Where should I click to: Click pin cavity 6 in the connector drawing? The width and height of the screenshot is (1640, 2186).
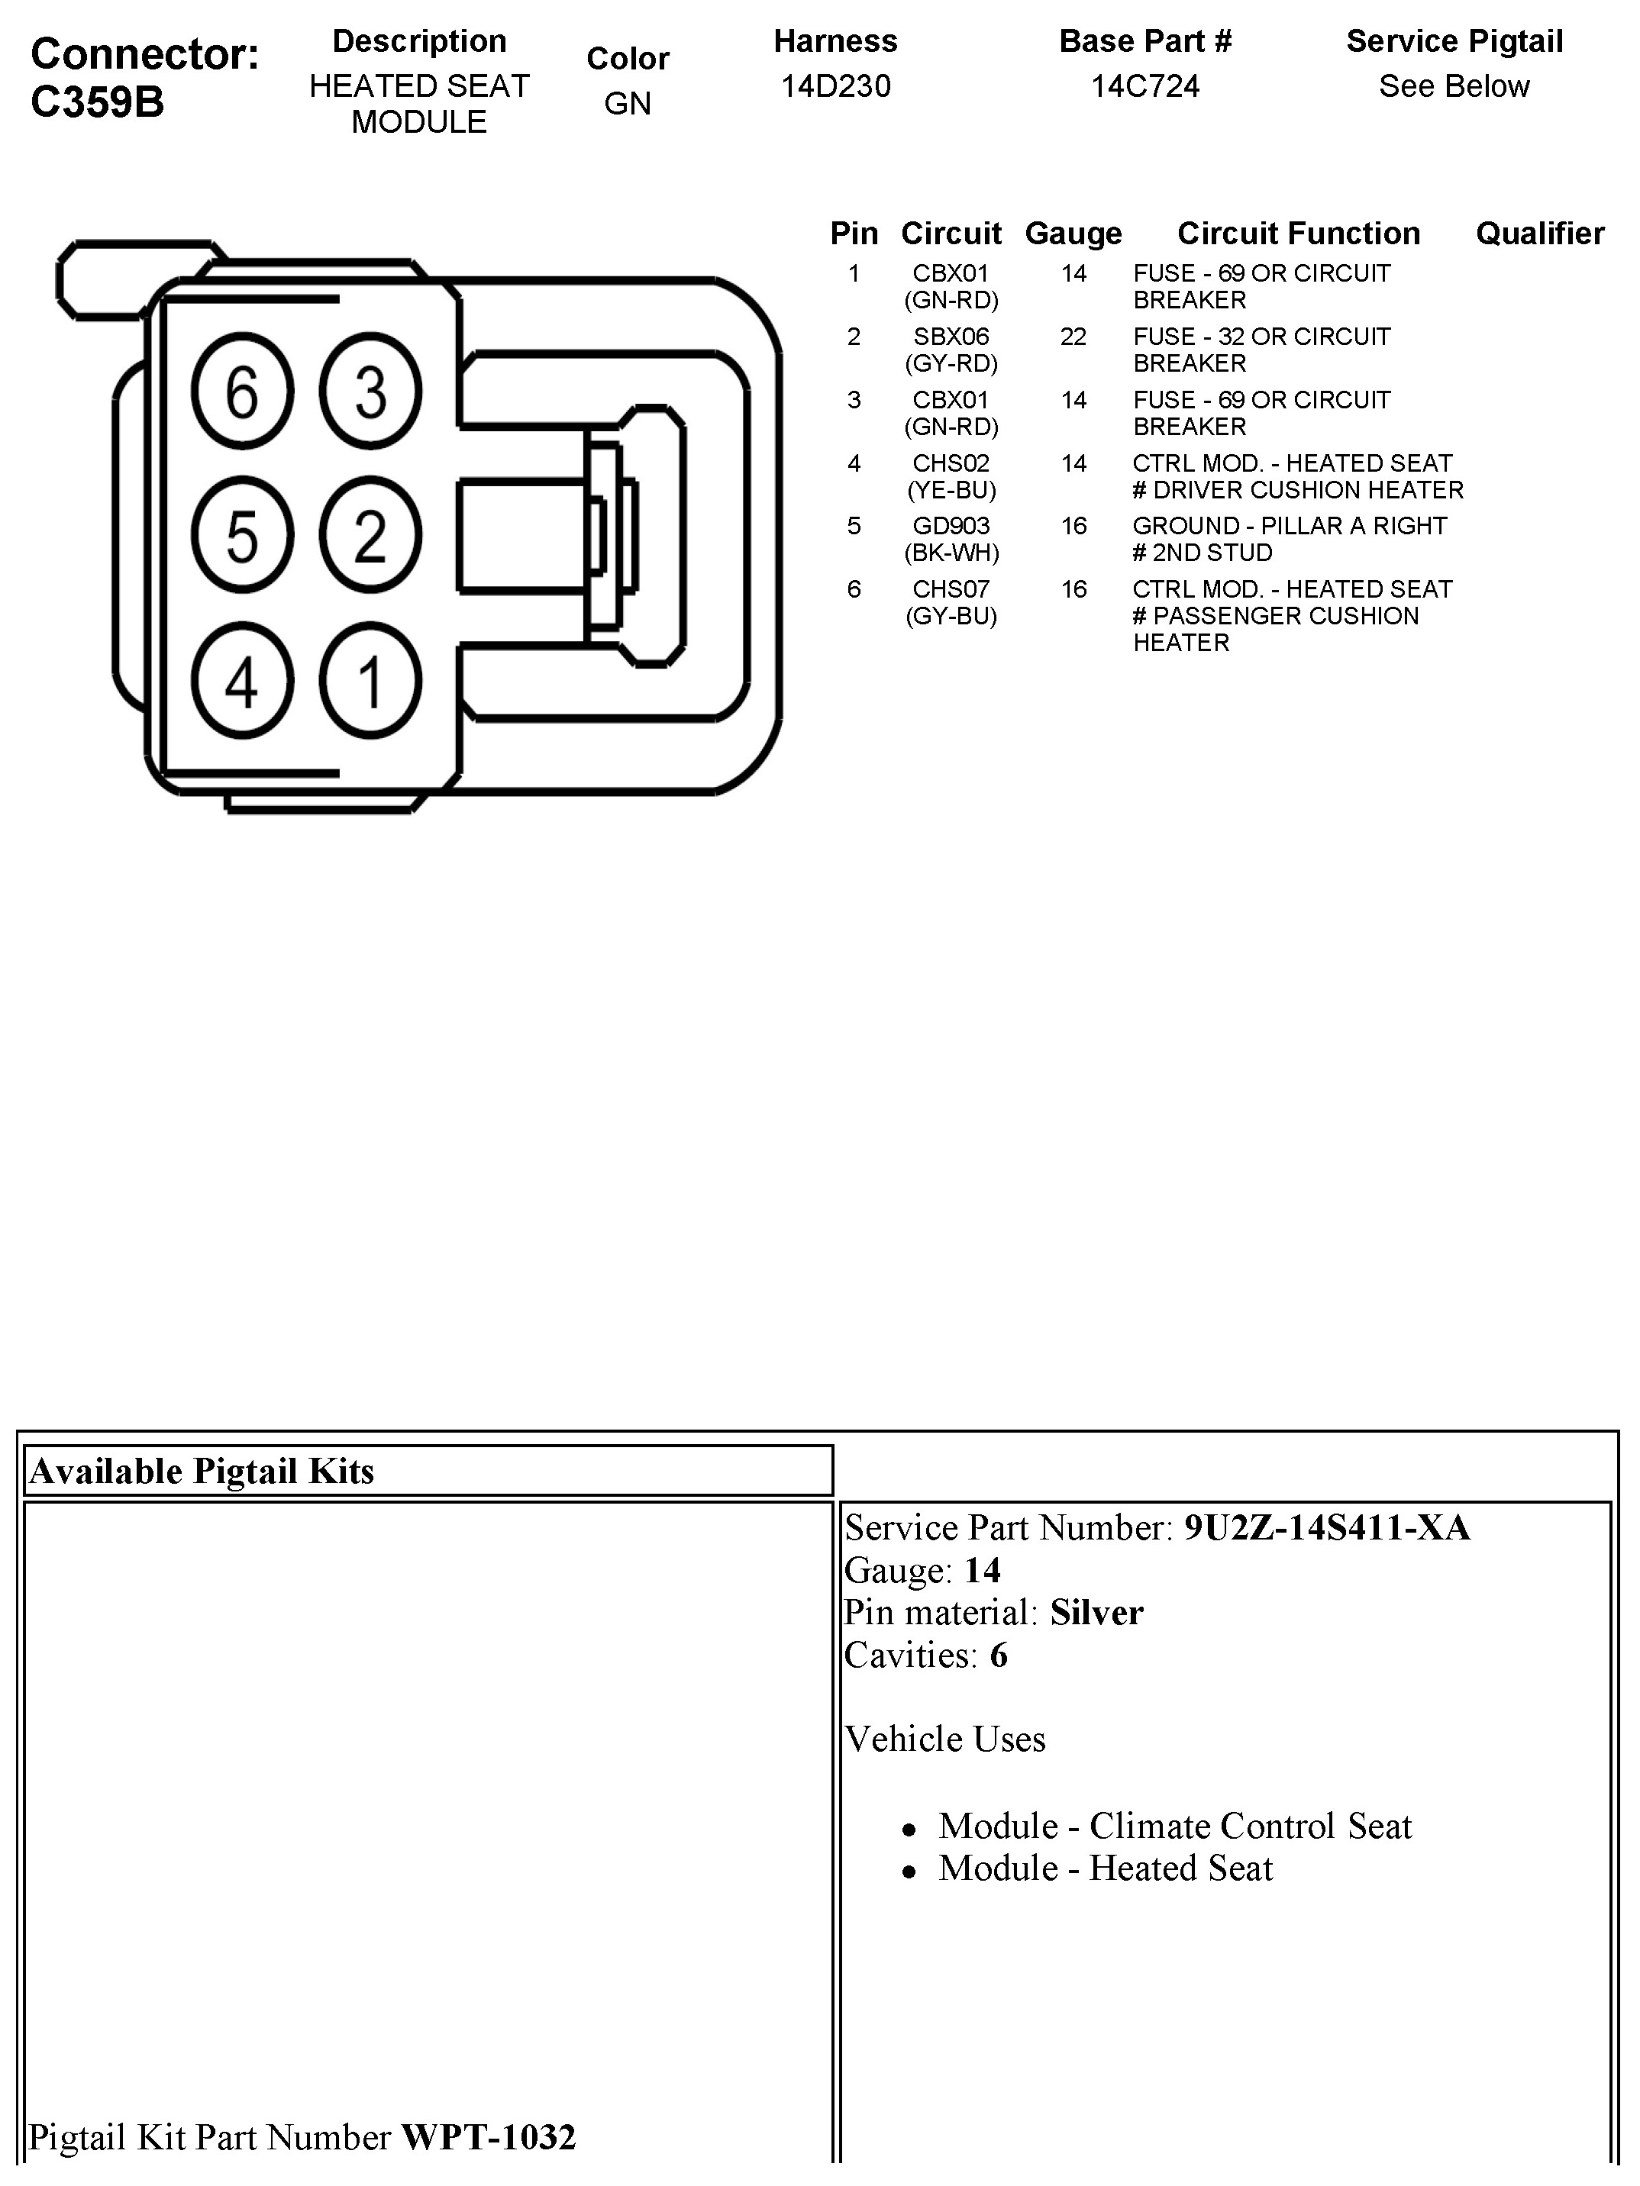[x=242, y=392]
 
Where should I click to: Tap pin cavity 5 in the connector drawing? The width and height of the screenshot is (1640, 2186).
[x=242, y=537]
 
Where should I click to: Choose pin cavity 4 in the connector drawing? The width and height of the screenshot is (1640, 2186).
[x=242, y=682]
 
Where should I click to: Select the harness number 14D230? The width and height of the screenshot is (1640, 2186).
[x=835, y=87]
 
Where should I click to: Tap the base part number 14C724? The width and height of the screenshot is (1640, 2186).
[x=1144, y=87]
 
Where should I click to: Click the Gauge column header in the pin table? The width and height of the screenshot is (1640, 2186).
[x=1073, y=234]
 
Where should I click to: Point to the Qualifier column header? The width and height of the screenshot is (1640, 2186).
[x=1539, y=234]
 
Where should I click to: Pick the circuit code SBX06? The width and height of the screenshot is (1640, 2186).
[x=951, y=337]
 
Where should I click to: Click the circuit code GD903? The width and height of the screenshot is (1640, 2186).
[x=951, y=526]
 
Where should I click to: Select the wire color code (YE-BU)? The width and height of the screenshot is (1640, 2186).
[x=951, y=490]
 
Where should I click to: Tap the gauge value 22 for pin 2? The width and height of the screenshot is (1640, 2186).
[x=1073, y=337]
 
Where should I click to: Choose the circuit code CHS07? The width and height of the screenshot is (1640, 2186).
[x=951, y=589]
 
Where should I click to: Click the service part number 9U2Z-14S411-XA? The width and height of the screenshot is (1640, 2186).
[x=1327, y=1528]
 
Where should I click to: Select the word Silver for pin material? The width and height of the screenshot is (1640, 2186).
[x=1096, y=1613]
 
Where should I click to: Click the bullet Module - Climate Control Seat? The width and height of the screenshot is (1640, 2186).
[x=1174, y=1827]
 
